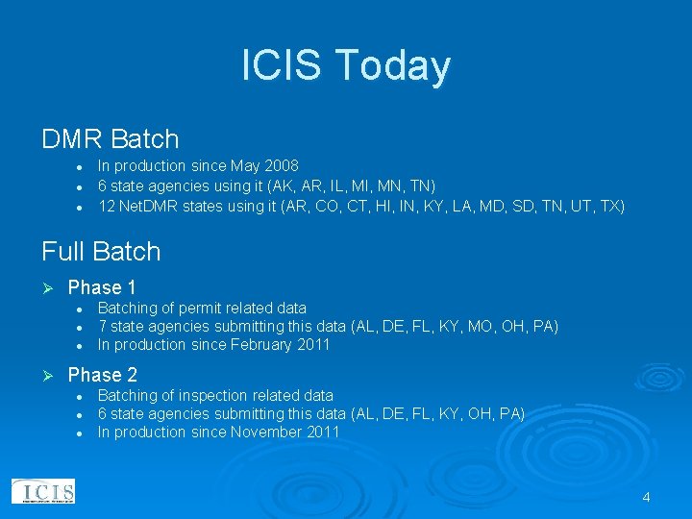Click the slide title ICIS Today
point(346,66)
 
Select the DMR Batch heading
point(111,139)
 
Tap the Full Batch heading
point(101,252)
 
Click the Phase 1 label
point(102,287)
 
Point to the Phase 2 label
point(102,375)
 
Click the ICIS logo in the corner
point(42,491)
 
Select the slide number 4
point(646,497)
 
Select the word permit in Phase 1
point(199,309)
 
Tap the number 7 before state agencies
point(102,327)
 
